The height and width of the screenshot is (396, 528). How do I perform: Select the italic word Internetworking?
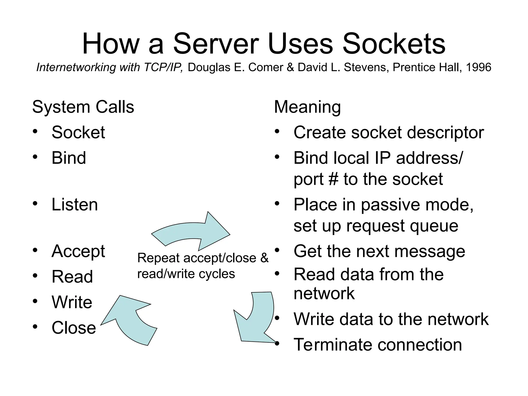pyautogui.click(x=76, y=68)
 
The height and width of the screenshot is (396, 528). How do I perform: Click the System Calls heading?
pyautogui.click(x=83, y=107)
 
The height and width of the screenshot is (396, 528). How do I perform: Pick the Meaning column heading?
pyautogui.click(x=307, y=107)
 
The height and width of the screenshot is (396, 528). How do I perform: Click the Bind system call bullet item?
pyautogui.click(x=69, y=158)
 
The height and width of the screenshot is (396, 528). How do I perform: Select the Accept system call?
pyautogui.click(x=78, y=251)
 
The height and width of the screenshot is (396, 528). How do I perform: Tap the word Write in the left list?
pyautogui.click(x=72, y=302)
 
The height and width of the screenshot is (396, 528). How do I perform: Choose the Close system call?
pyautogui.click(x=74, y=328)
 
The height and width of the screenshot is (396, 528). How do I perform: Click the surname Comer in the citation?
pyautogui.click(x=266, y=68)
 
